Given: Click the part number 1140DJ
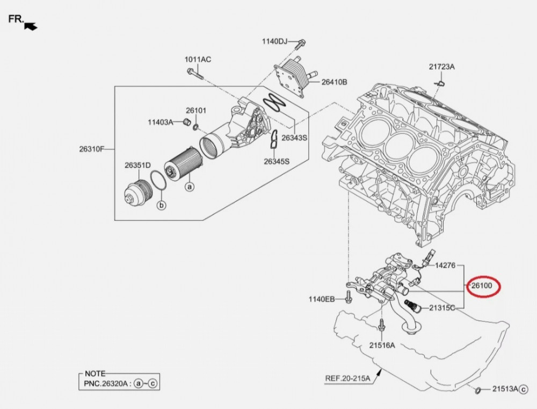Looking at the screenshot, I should click(275, 41).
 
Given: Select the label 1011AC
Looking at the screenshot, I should click(198, 59).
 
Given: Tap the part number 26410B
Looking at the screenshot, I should click(334, 82).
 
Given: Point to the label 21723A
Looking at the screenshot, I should click(441, 67).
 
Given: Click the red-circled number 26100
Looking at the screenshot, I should click(482, 285).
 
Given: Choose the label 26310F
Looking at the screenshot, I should click(92, 149).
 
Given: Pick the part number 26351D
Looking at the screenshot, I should click(137, 165).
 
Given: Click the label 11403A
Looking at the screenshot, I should click(161, 122).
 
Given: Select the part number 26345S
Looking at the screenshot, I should click(277, 161).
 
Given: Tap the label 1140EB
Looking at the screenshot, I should click(322, 299).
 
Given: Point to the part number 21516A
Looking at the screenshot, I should click(381, 345).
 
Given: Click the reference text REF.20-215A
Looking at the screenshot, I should click(347, 378).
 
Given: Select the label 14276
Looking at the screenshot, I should click(445, 265).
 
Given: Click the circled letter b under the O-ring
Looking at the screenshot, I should click(161, 205).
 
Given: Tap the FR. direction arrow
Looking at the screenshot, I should click(31, 25).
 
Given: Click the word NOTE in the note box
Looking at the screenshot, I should click(95, 374).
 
